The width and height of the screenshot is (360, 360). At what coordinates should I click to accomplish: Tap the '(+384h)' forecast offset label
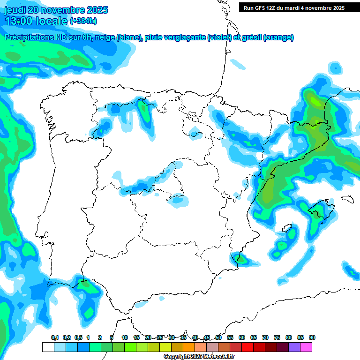pyautogui.click(x=83, y=21)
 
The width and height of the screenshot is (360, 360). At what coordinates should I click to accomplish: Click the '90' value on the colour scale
pyautogui.click(x=312, y=337)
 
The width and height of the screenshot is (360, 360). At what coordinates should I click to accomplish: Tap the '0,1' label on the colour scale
pyautogui.click(x=54, y=337)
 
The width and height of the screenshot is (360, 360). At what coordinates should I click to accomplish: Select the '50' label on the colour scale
pyautogui.click(x=218, y=337)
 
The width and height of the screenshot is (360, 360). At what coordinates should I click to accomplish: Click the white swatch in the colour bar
pyautogui.click(x=48, y=347)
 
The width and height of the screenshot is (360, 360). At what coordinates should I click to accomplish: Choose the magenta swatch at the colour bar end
pyautogui.click(x=306, y=347)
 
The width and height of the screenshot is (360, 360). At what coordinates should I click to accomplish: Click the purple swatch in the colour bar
pyautogui.click(x=294, y=347)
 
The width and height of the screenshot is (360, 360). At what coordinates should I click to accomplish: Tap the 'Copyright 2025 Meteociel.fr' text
pyautogui.click(x=199, y=357)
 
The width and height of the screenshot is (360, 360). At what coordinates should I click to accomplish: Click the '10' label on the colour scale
pyautogui.click(x=125, y=337)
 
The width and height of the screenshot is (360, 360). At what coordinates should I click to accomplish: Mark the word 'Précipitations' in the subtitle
pyautogui.click(x=28, y=37)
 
